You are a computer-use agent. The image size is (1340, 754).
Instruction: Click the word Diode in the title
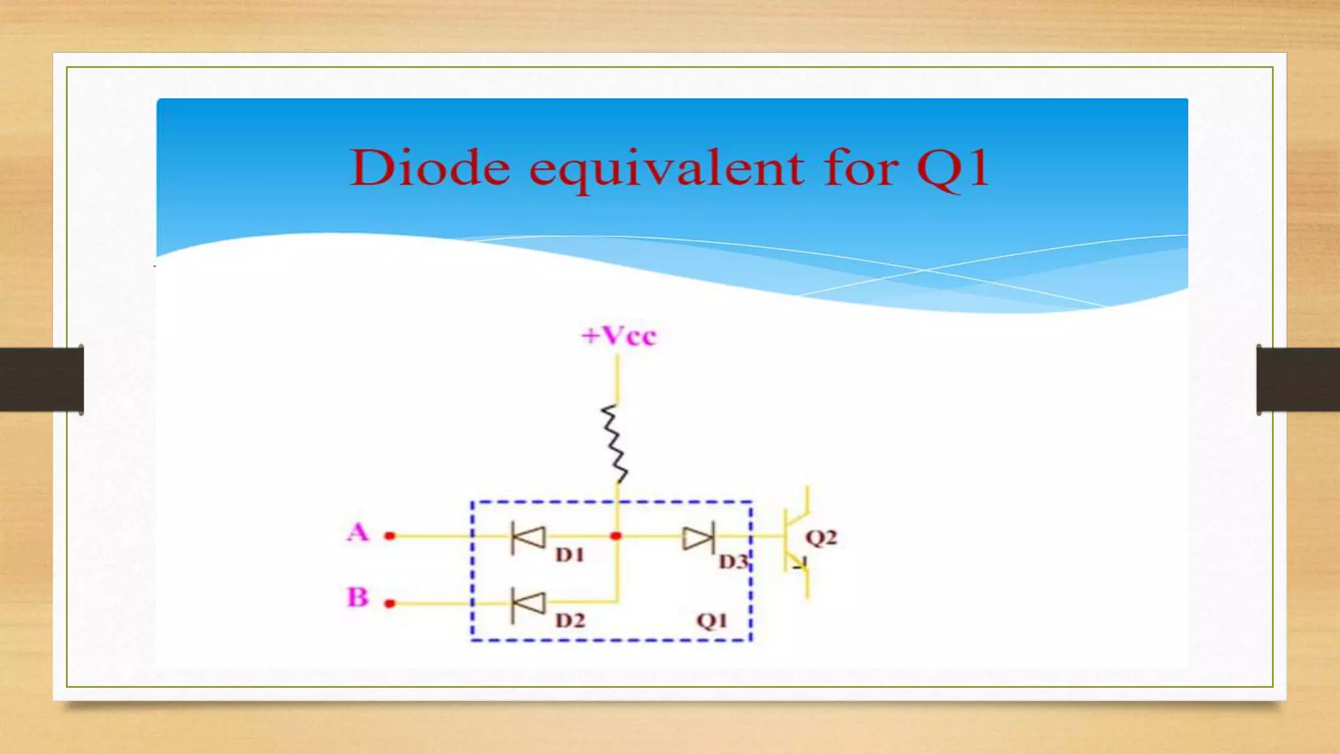[430, 168]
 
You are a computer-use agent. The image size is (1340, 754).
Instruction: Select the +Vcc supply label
[618, 336]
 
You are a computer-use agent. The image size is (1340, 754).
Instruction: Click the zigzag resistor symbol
[614, 444]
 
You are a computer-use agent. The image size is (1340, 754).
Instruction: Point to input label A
[358, 532]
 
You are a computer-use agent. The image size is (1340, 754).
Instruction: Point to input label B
[357, 597]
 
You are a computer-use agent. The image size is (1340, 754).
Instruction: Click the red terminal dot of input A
[390, 536]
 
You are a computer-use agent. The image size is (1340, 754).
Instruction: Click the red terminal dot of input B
[390, 603]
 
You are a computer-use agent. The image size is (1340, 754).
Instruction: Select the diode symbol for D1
[529, 537]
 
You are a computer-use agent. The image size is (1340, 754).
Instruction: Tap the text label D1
[569, 555]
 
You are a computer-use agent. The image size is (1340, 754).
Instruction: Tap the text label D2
[570, 620]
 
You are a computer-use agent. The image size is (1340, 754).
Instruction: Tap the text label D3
[733, 562]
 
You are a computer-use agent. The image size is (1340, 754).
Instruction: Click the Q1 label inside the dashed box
[711, 620]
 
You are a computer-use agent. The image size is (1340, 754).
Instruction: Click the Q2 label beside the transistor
[821, 538]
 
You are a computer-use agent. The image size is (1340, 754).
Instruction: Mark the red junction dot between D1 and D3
[616, 536]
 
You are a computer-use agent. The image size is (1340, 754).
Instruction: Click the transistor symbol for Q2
[797, 542]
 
